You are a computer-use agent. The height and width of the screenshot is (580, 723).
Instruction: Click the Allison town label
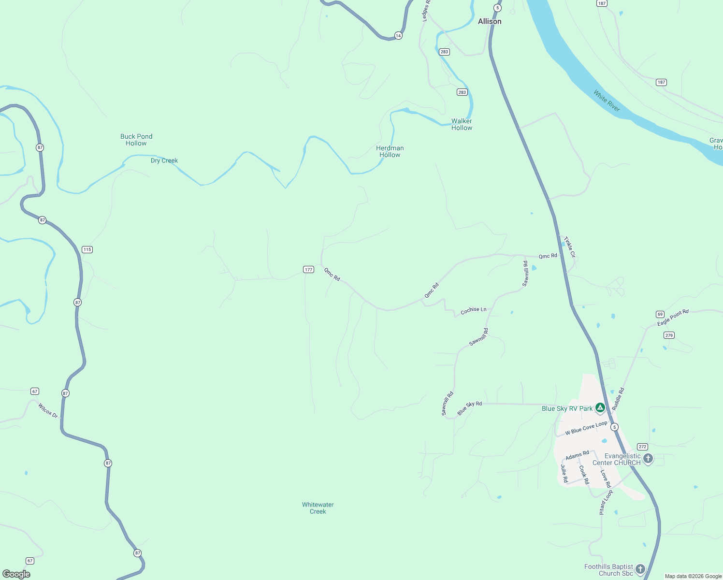point(490,21)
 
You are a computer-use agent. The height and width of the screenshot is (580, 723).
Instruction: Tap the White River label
point(607,101)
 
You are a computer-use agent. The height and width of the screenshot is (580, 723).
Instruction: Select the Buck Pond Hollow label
point(136,140)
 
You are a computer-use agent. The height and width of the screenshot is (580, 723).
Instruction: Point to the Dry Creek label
point(164,160)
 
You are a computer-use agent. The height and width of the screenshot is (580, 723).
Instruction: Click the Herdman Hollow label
point(390,151)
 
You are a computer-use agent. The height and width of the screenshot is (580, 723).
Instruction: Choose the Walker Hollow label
point(462,124)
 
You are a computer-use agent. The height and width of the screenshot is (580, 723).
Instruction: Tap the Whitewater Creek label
point(318,508)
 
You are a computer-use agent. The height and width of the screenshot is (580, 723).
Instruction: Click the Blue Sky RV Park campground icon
point(600,408)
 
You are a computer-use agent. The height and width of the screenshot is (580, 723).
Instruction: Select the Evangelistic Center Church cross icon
point(648,458)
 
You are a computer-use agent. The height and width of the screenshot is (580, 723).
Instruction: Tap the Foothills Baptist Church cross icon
point(640,569)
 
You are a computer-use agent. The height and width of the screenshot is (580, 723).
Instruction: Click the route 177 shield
point(309,269)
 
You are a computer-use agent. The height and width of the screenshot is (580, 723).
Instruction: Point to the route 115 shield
point(87,249)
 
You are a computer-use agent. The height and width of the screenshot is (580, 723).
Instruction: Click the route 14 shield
point(398,35)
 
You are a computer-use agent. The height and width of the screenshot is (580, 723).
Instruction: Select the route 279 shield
point(669,335)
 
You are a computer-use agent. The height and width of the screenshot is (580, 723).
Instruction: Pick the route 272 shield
point(642,447)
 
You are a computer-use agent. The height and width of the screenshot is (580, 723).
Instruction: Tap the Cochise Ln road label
point(474,310)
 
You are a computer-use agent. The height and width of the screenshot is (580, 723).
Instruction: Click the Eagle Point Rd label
point(673,318)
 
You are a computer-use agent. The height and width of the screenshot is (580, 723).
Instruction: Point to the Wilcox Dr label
point(48,411)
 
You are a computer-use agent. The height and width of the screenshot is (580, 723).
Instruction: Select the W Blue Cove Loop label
point(586,428)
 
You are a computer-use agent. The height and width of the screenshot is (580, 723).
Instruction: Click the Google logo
point(16,574)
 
